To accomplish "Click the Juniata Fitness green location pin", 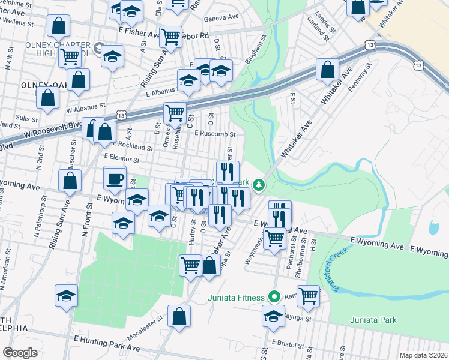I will (x=274, y=297).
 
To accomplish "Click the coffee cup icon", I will (x=115, y=178).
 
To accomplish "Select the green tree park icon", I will (x=259, y=185).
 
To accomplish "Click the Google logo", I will (x=20, y=353).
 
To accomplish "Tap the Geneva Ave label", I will (x=221, y=19).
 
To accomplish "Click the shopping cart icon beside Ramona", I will (x=308, y=295).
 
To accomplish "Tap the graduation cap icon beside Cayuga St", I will (x=274, y=315).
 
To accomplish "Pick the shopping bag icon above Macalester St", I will (x=179, y=317).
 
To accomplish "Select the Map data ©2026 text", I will (x=423, y=355).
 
